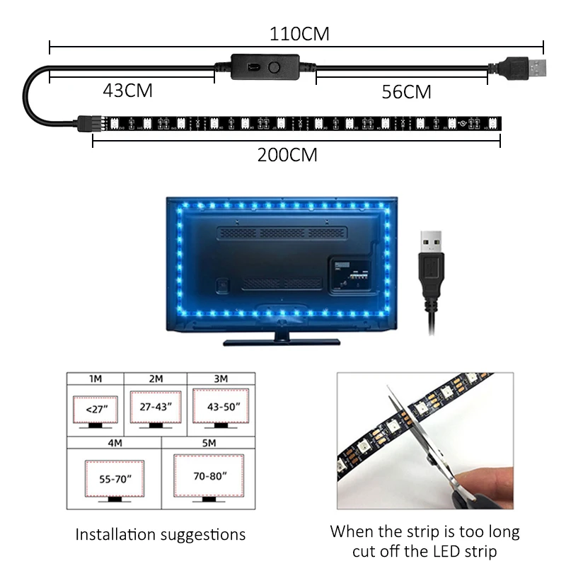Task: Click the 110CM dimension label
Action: coord(299,33)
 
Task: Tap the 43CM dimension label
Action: coord(128,91)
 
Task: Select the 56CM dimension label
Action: coord(406,91)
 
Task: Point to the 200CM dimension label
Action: coord(287,155)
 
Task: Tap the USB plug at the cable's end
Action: coord(524,69)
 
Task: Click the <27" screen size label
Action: coord(95,408)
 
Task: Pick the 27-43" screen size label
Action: coord(156,408)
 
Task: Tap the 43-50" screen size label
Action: coord(221,407)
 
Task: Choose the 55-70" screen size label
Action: coord(114,479)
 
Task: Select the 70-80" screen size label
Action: coord(209,475)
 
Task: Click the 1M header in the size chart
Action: coord(95,379)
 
